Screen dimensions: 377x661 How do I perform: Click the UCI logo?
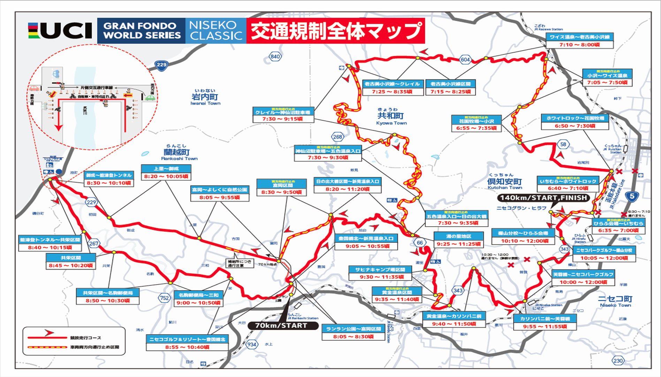click(60, 31)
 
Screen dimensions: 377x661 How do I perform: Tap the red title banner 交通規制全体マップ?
click(336, 31)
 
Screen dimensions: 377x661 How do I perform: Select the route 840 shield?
click(275, 56)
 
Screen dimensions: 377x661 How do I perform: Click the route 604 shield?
click(465, 60)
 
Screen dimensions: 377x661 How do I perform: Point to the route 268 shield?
click(337, 137)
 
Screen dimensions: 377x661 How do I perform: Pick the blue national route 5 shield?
click(632, 196)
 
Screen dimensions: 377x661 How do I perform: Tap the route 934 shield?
click(251, 345)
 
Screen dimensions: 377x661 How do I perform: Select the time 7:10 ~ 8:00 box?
click(579, 45)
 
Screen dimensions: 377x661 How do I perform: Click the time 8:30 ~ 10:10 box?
click(109, 183)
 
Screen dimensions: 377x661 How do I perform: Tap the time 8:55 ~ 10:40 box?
click(187, 347)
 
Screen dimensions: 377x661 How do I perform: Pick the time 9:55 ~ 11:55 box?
click(545, 326)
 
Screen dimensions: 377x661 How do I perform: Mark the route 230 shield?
click(618, 361)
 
